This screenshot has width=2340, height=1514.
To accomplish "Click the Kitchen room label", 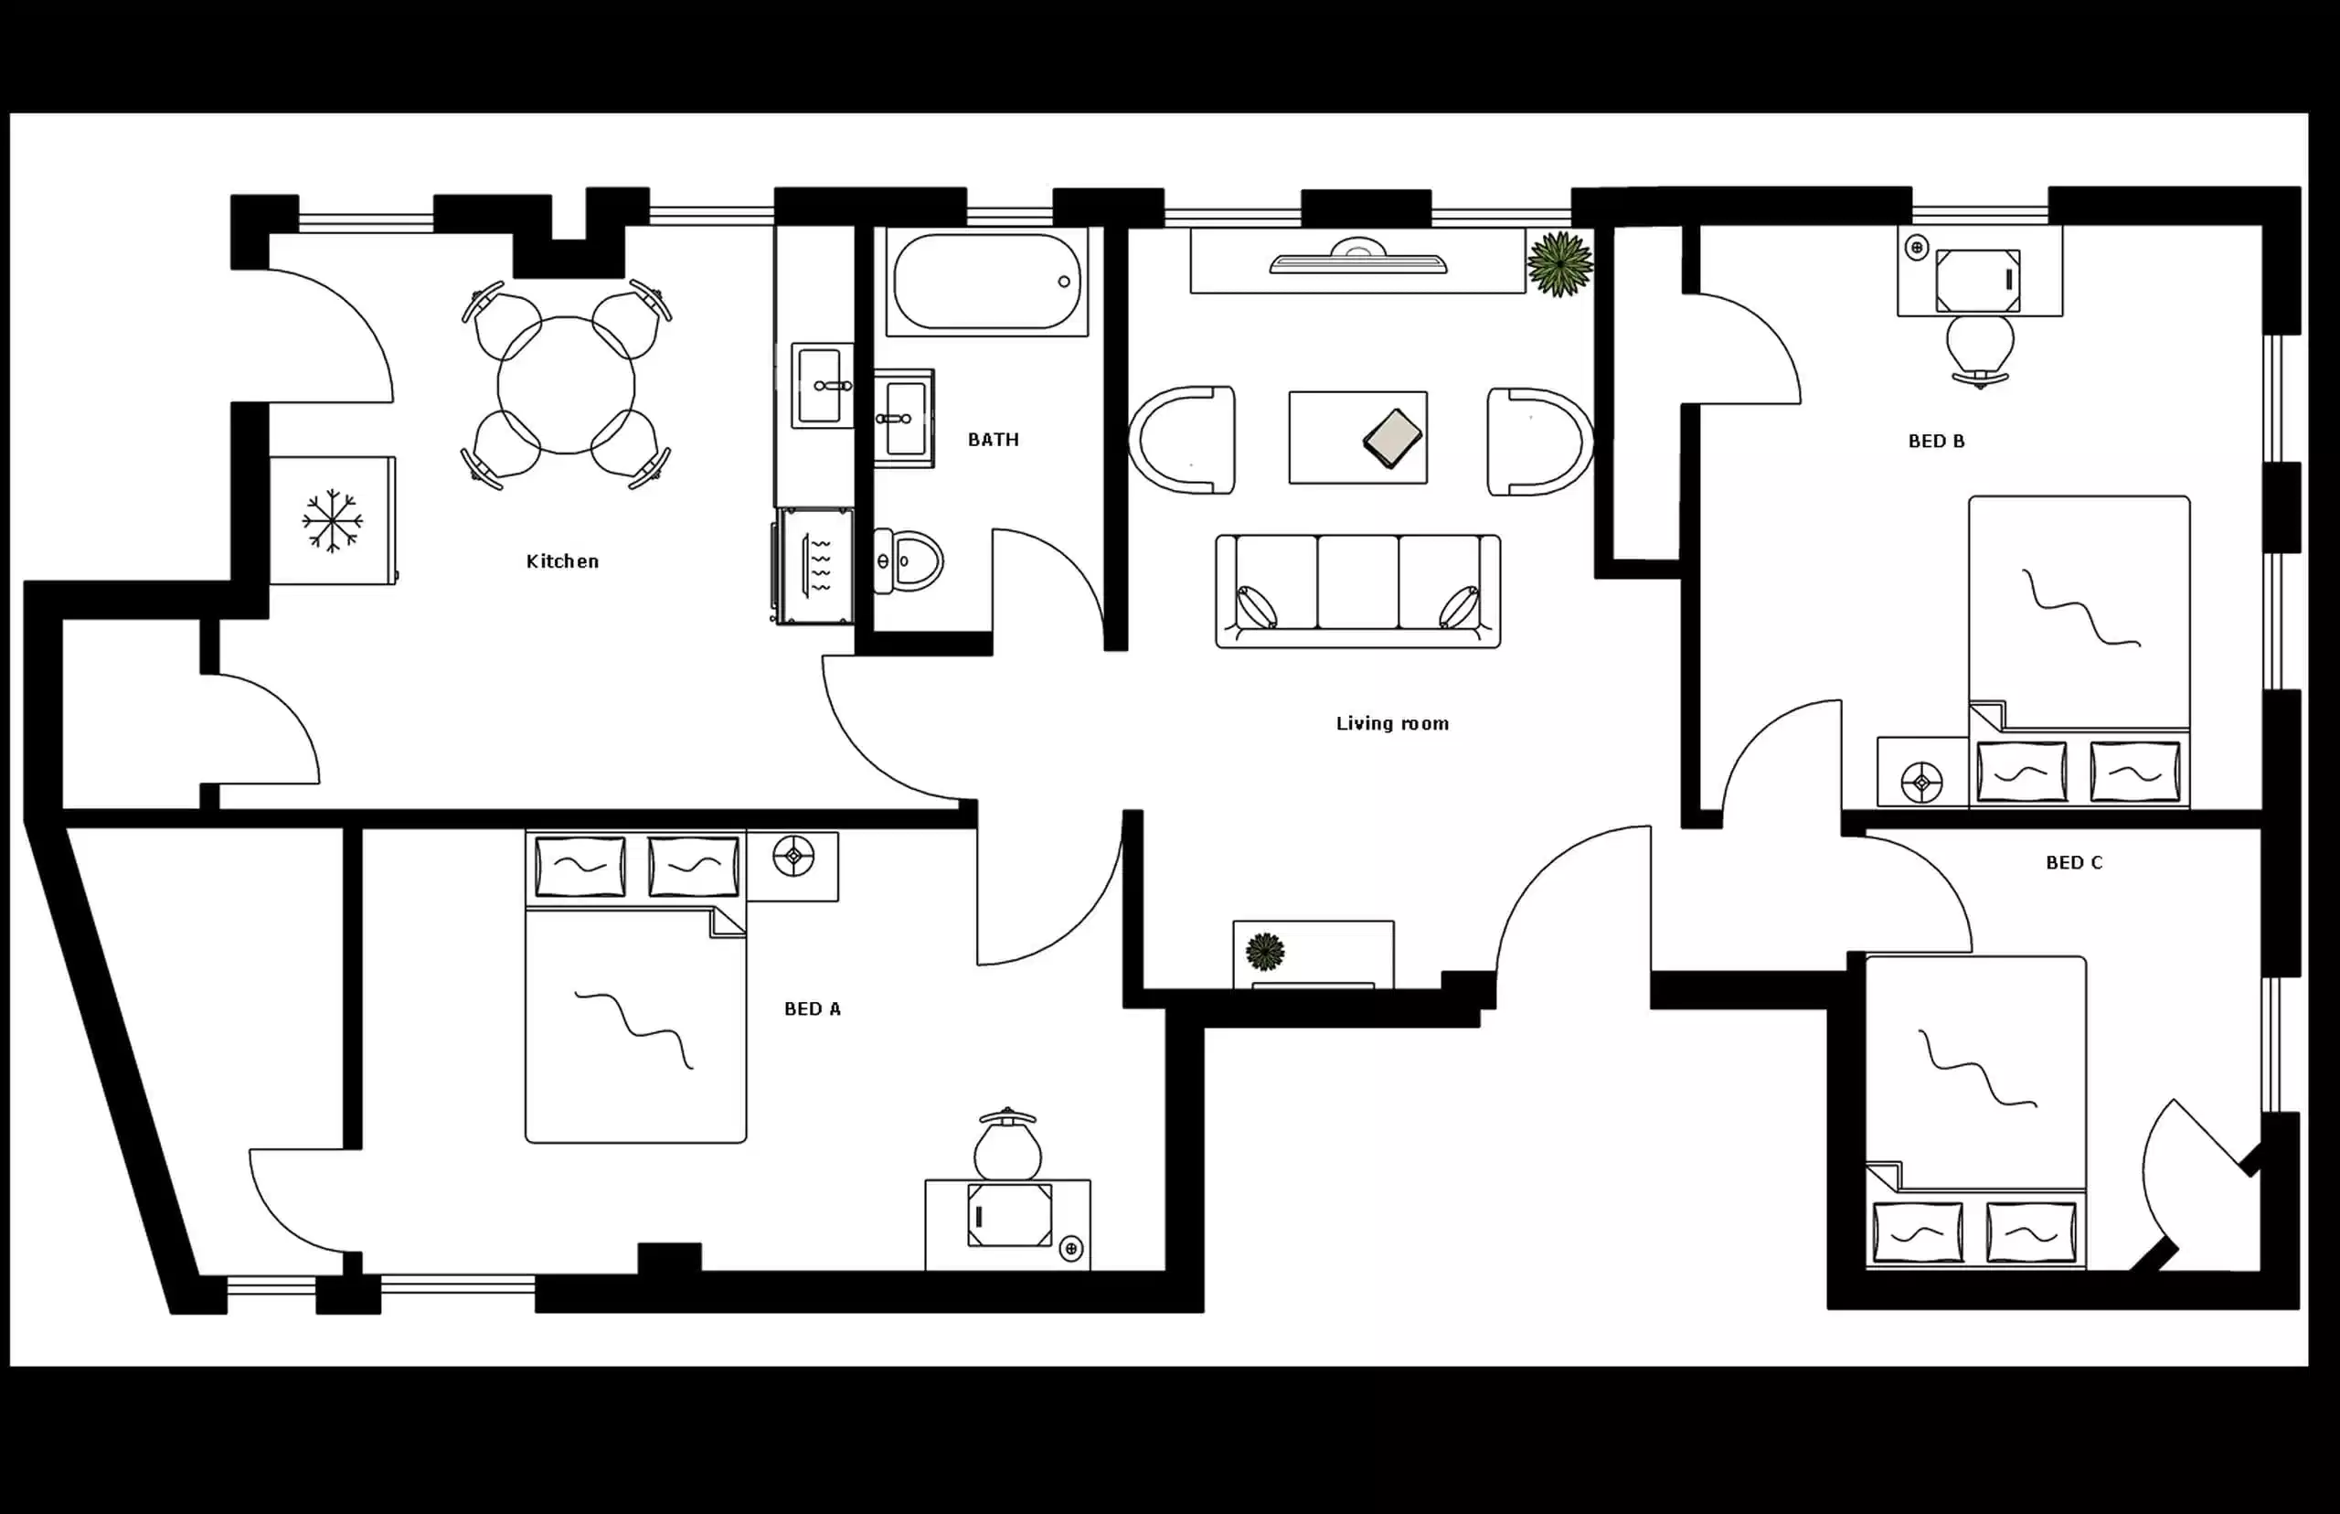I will (562, 561).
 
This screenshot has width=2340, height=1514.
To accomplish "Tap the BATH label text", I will (993, 440).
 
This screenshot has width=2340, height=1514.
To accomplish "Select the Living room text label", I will (1391, 723).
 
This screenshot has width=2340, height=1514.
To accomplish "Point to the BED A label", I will (812, 1008).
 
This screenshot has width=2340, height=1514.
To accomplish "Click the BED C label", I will (2074, 862).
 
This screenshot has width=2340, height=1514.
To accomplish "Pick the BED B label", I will (1936, 442).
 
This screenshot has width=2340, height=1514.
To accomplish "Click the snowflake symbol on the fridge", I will (332, 520).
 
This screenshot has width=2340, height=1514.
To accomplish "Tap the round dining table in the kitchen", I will (566, 384).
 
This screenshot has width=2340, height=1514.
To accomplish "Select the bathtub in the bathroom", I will (986, 282).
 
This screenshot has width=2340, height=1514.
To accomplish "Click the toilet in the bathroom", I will (909, 561).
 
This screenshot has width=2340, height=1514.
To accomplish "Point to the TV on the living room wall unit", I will (1357, 261).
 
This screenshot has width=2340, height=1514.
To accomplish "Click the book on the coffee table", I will (1393, 439).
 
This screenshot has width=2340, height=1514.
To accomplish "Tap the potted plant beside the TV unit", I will (1559, 262).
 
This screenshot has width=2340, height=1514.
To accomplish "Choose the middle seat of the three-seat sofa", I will (1357, 582).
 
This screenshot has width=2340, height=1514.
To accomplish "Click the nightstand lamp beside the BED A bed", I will (793, 857).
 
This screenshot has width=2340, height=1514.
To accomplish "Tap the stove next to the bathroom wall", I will (815, 565).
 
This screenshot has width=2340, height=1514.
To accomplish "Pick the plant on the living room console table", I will (1265, 951).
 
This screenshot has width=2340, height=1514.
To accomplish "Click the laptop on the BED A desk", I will (1009, 1215).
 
